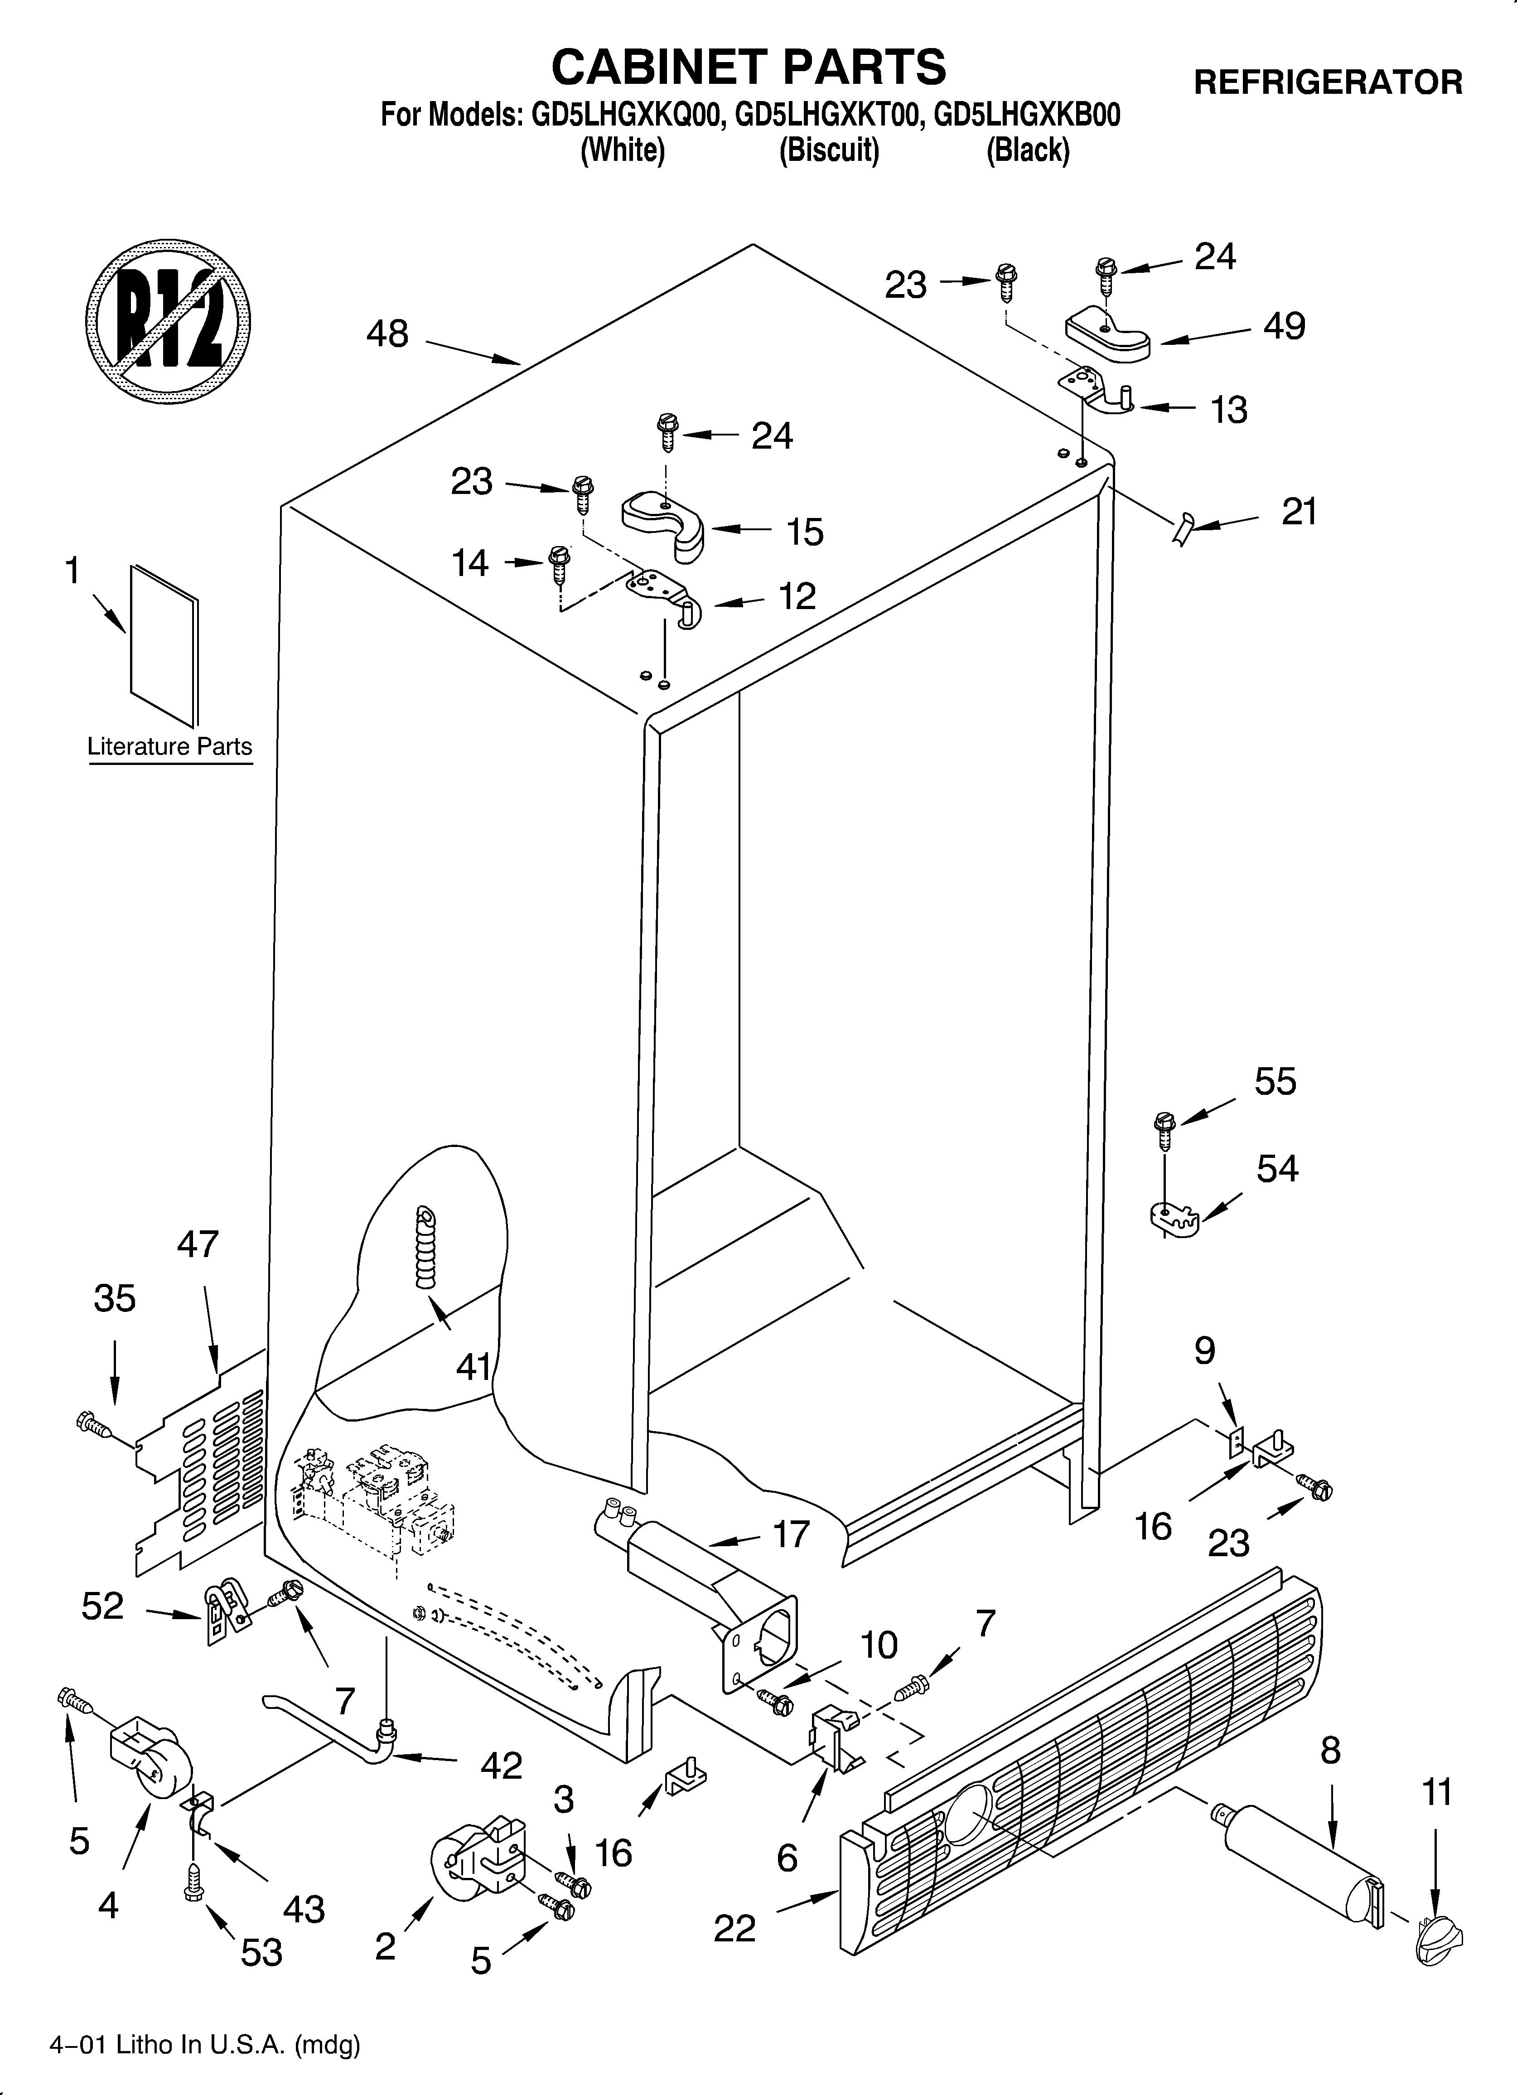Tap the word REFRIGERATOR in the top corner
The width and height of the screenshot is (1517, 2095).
tap(1328, 83)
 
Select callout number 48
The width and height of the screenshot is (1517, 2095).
tap(387, 334)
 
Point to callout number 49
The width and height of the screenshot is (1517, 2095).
tap(1284, 326)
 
